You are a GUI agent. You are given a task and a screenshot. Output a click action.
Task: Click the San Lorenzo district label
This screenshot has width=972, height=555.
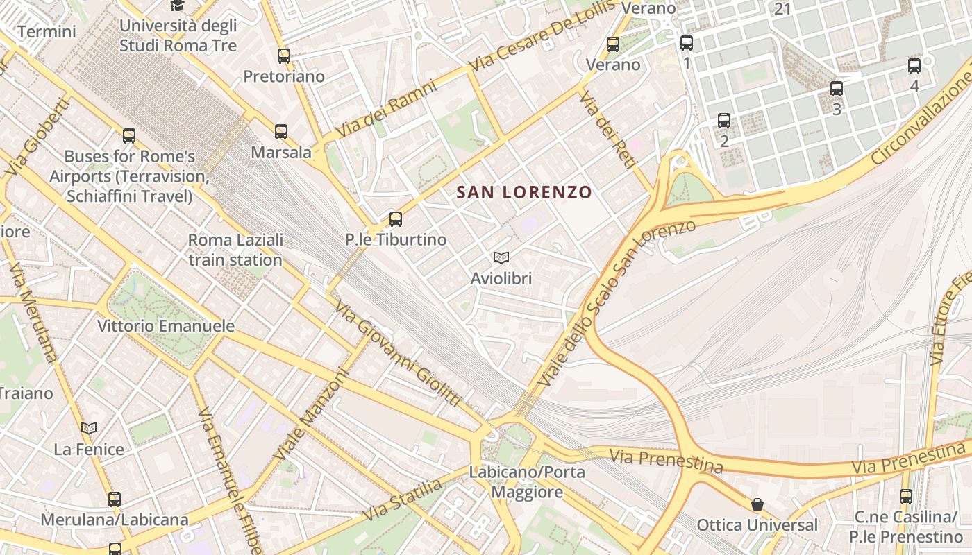[x=524, y=192]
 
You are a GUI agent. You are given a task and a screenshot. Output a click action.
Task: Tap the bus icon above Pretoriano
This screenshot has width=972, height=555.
[x=284, y=56]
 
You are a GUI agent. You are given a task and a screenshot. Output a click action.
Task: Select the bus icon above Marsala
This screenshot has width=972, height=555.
[x=281, y=132]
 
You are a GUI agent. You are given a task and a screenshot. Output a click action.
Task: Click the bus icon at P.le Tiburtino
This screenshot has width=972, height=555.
[x=396, y=219]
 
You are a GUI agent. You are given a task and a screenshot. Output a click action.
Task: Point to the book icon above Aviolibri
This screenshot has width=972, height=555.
[x=501, y=258]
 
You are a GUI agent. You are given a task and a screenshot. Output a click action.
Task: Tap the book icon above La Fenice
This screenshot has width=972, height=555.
[x=89, y=429]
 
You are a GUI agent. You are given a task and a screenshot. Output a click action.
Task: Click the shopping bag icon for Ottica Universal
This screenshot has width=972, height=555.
[x=757, y=504]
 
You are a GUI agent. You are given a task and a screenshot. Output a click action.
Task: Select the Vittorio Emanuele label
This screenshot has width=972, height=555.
[x=166, y=326]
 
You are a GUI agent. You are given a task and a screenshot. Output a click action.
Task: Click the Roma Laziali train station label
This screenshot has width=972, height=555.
[x=235, y=250]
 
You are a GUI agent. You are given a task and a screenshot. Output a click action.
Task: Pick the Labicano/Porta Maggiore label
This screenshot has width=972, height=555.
[x=527, y=482]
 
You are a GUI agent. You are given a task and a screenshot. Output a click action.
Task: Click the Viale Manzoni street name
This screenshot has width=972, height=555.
[x=310, y=414]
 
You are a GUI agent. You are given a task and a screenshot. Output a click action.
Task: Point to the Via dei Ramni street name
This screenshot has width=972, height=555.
[x=387, y=108]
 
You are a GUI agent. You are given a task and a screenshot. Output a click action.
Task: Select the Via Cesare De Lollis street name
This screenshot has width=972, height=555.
[x=544, y=35]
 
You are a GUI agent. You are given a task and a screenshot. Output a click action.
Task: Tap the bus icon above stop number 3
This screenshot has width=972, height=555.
[x=837, y=89]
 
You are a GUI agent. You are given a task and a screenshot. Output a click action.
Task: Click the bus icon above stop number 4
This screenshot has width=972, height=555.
[x=914, y=66]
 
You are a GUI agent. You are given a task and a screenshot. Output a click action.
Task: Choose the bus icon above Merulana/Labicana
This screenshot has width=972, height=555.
[x=115, y=499]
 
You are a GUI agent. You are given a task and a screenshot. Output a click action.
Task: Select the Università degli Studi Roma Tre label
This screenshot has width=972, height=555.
[x=178, y=35]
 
